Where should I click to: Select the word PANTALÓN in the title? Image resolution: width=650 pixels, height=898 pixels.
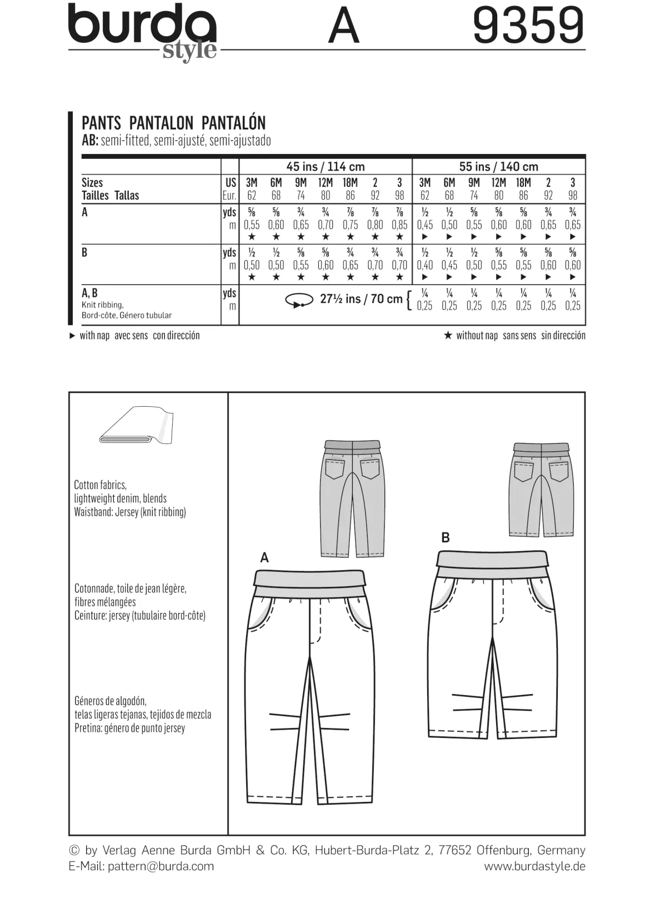click(234, 123)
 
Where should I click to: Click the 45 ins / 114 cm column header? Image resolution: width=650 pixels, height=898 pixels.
click(326, 166)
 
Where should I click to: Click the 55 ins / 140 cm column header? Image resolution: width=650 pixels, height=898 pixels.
click(498, 166)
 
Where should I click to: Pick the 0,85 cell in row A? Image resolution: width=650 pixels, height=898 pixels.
click(399, 225)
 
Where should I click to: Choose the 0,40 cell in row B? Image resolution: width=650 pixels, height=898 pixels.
click(425, 265)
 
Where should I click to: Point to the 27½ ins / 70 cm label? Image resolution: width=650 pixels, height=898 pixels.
click(361, 299)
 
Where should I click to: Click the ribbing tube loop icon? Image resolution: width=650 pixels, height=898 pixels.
click(299, 300)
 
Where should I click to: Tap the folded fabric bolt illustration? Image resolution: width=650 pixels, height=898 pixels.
click(136, 425)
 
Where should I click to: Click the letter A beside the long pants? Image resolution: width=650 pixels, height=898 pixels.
click(264, 558)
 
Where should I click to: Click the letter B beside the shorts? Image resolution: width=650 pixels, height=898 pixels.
click(445, 537)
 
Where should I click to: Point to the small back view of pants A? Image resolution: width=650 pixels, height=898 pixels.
click(352, 498)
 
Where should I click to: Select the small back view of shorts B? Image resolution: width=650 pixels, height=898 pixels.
click(542, 490)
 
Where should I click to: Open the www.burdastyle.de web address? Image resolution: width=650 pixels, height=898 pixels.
click(534, 866)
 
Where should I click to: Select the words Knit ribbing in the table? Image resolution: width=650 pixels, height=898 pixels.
click(102, 305)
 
